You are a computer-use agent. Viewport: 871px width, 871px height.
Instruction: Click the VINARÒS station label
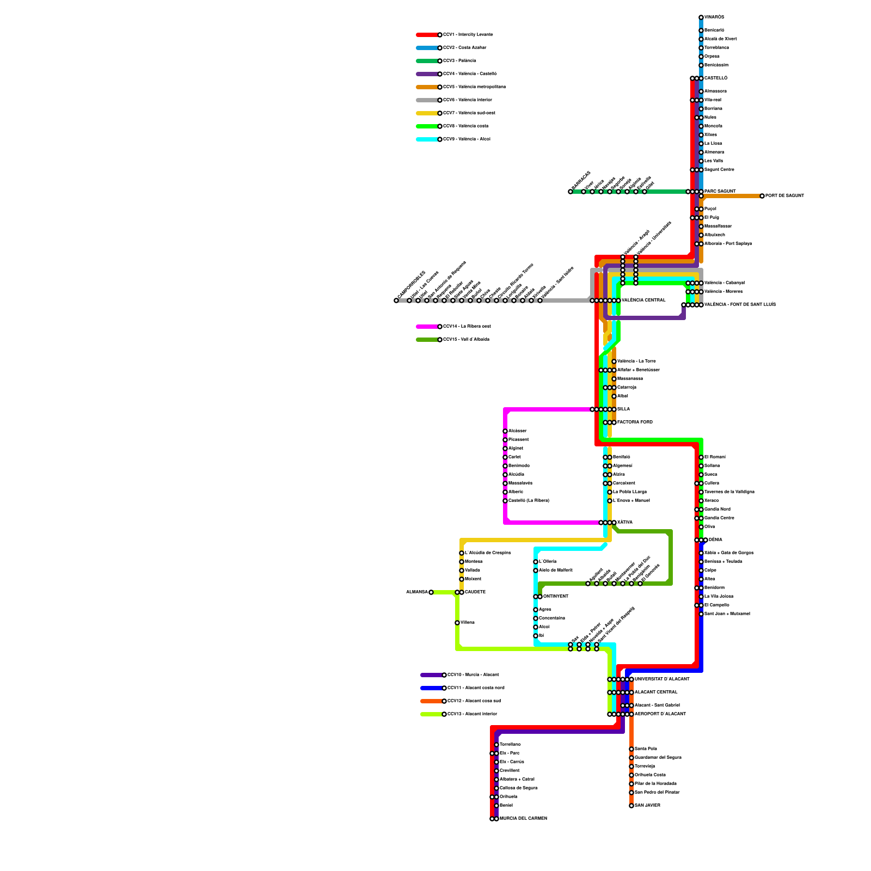714,17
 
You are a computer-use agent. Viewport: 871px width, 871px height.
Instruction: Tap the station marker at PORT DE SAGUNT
762,196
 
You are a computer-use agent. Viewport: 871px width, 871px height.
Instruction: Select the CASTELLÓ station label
716,78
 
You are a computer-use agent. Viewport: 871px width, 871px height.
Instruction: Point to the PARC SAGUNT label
720,192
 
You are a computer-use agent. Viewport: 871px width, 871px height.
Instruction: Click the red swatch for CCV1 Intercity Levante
427,35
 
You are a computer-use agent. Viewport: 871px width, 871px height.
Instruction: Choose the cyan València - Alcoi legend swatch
427,139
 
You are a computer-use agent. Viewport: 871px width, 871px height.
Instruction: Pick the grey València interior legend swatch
427,100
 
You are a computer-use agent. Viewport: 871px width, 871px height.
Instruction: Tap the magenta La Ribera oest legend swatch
427,327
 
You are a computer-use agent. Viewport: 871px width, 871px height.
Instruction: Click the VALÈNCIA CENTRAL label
643,300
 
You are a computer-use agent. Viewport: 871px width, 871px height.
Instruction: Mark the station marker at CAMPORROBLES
396,300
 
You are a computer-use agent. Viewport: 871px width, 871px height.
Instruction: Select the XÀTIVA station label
625,523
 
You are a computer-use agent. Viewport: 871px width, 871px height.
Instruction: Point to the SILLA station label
623,409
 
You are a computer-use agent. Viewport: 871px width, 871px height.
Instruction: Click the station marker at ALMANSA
431,592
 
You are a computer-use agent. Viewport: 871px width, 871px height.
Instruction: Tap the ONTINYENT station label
556,597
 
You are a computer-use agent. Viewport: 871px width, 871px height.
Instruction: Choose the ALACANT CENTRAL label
656,692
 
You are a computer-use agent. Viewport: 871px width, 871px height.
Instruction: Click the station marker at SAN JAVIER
631,806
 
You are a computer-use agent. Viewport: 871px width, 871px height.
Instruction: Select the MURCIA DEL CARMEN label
523,819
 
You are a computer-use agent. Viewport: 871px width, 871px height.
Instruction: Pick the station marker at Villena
457,623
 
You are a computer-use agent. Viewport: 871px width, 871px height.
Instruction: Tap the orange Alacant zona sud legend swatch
432,701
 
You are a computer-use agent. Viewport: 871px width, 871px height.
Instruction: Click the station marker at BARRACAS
571,192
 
